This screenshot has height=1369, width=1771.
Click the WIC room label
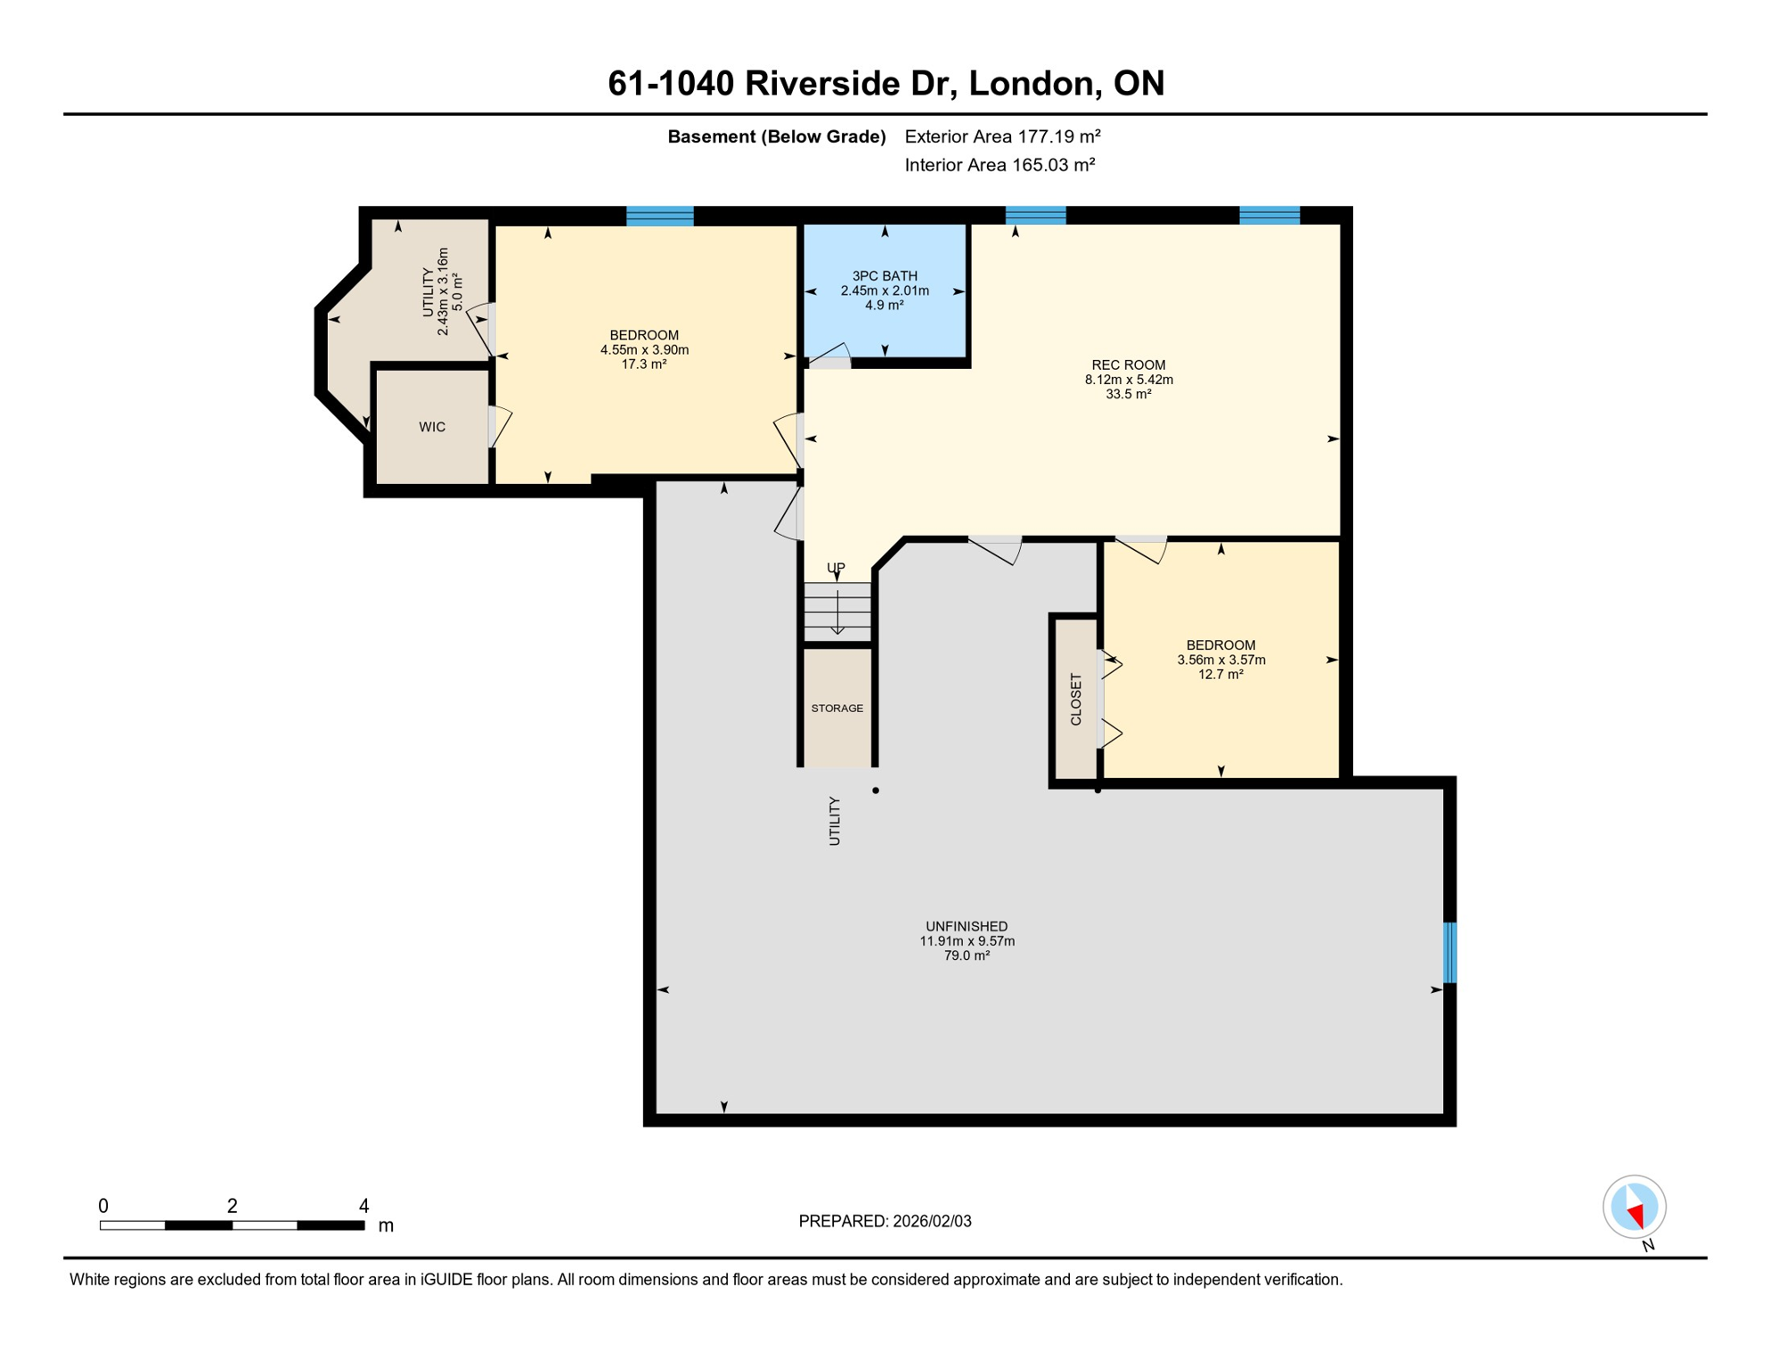[432, 427]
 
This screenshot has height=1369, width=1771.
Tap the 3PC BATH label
[884, 276]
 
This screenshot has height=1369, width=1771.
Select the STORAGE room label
[837, 709]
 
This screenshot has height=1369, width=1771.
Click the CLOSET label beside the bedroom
[1075, 700]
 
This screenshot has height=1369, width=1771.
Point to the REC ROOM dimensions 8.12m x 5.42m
[1128, 380]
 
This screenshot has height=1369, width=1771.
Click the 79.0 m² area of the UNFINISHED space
[967, 955]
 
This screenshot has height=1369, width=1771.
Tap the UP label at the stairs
[836, 568]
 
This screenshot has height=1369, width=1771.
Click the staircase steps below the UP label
[837, 611]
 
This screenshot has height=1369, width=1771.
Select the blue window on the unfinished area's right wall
[1449, 953]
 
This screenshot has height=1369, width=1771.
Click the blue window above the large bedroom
[659, 216]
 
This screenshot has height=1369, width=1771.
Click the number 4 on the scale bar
[363, 1206]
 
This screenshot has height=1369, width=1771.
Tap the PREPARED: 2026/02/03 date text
[885, 1221]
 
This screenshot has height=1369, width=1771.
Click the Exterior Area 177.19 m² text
[1002, 136]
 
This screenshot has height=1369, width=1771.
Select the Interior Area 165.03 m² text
[999, 165]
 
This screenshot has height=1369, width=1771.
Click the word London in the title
[1029, 83]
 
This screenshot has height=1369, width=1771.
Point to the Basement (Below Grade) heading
[776, 136]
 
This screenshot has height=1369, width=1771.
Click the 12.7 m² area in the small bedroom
[1220, 675]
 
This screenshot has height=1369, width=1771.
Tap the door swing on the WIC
[500, 425]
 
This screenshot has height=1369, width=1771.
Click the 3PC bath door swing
[830, 355]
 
